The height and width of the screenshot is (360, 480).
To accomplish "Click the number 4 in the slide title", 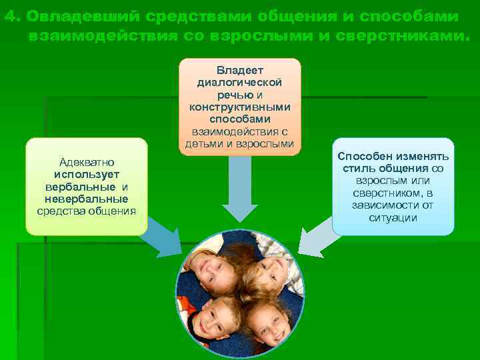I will pyautogui.click(x=9, y=17).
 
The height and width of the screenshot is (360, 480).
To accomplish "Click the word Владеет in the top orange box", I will pyautogui.click(x=240, y=69).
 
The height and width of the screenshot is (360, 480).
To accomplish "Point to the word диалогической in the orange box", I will pyautogui.click(x=240, y=82).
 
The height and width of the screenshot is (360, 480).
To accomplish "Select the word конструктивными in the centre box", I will pyautogui.click(x=240, y=107).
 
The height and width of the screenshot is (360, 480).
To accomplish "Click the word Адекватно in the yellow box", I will pyautogui.click(x=87, y=162).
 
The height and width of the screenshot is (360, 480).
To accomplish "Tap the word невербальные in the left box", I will pyautogui.click(x=87, y=199).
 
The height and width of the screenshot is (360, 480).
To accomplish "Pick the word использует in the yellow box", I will pyautogui.click(x=87, y=174).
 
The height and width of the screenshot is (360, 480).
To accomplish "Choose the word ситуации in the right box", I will pyautogui.click(x=393, y=217).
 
